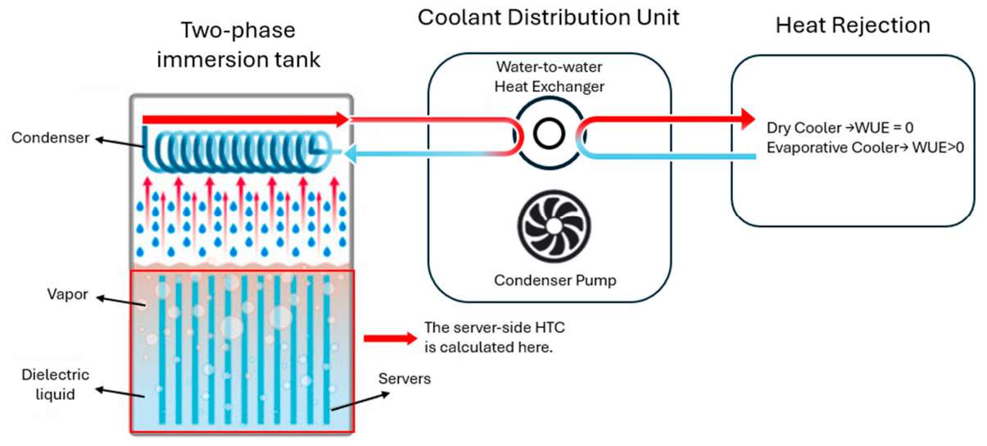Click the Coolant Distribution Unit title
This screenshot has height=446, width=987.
(x=549, y=18)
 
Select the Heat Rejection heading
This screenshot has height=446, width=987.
(x=853, y=25)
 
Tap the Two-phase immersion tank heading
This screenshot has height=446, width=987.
(x=238, y=44)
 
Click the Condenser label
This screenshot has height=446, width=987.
(x=50, y=138)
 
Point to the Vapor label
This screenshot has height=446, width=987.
(x=67, y=294)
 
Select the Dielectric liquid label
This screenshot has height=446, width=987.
(x=55, y=385)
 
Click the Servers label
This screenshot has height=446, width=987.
(x=405, y=379)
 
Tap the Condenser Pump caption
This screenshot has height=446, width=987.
(x=555, y=280)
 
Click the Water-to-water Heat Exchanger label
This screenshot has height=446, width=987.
(x=549, y=77)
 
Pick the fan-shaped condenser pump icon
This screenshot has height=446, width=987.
(x=554, y=226)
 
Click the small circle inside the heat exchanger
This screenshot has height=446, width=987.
(x=549, y=134)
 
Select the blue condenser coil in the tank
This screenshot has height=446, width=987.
(x=236, y=150)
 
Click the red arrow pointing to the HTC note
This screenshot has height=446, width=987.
(x=391, y=339)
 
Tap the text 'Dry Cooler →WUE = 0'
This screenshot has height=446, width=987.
(x=840, y=128)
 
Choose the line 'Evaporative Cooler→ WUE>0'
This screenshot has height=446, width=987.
(x=865, y=148)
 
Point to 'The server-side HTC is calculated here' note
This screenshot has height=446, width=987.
(x=495, y=338)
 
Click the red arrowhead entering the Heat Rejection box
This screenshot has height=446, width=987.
(x=749, y=119)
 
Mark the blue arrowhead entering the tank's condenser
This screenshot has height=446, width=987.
(x=351, y=154)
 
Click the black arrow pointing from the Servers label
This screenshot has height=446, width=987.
(x=361, y=402)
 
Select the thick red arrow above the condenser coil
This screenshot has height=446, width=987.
(x=246, y=119)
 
